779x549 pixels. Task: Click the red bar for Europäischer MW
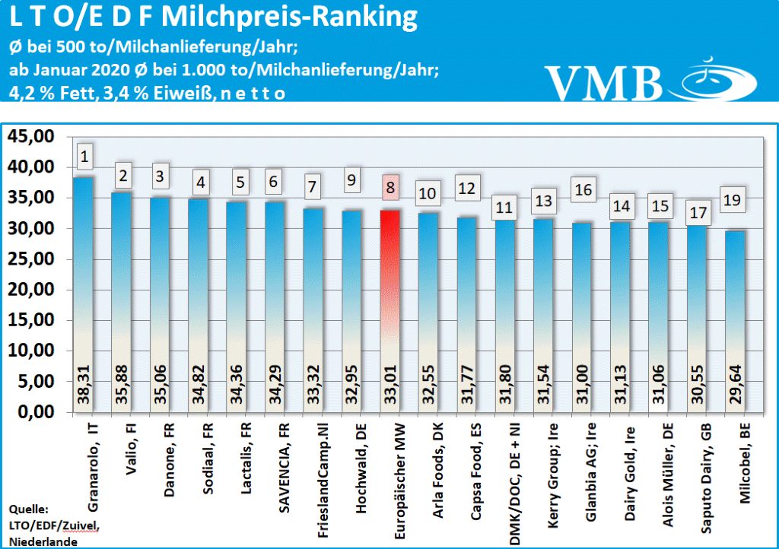tap(389, 304)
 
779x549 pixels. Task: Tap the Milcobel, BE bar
tap(736, 319)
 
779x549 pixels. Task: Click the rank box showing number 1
tap(84, 157)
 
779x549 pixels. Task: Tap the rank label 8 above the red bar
tap(389, 186)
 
